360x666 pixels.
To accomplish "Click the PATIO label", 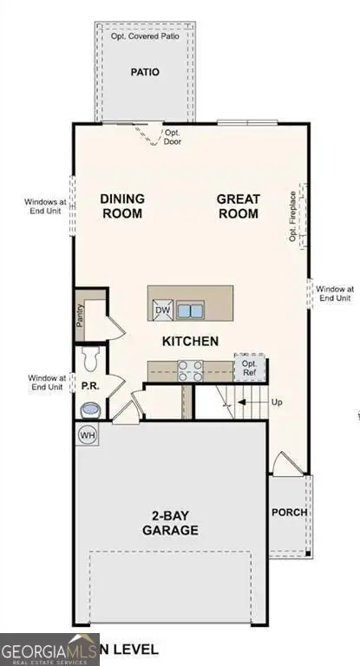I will (145, 73).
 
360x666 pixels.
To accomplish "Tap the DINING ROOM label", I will (123, 206).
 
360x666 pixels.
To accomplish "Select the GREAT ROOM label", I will (238, 206).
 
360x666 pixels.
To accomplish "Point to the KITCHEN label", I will (190, 341).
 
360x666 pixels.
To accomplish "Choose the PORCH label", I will (289, 512).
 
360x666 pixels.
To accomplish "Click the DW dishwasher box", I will (162, 310).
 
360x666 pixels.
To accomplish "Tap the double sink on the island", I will (190, 310).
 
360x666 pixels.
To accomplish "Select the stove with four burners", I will (190, 370).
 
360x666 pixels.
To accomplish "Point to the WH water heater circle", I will (88, 434).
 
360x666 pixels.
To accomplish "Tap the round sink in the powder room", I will (89, 409).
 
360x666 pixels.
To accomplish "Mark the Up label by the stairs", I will (278, 403).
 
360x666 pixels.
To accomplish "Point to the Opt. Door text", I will (173, 138).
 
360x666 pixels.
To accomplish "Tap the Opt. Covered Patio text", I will (144, 36).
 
